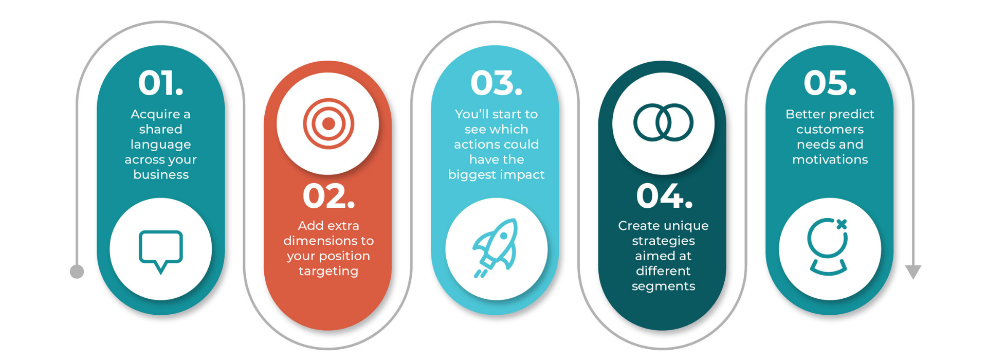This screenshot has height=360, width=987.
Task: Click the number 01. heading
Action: (x=160, y=83)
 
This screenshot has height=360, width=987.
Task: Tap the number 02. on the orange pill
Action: (x=328, y=196)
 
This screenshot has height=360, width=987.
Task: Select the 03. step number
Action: (x=496, y=83)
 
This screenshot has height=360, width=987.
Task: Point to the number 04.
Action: (x=664, y=196)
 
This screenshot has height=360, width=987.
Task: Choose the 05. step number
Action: (x=830, y=83)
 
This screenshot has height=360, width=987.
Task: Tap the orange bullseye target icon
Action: (x=328, y=124)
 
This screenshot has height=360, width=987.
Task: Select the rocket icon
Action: (x=496, y=248)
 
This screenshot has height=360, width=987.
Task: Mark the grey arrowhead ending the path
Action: (x=913, y=272)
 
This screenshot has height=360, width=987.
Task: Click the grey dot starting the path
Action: (x=77, y=272)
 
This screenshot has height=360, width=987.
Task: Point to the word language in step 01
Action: (x=160, y=145)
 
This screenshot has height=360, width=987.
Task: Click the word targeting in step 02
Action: (x=328, y=272)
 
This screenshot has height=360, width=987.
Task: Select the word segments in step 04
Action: (x=663, y=286)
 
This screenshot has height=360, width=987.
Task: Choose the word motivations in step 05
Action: (x=830, y=159)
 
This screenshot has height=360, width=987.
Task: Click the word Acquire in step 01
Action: (x=155, y=115)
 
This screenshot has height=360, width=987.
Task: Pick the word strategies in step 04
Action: (x=663, y=241)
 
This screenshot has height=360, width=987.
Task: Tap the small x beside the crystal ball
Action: (x=842, y=224)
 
